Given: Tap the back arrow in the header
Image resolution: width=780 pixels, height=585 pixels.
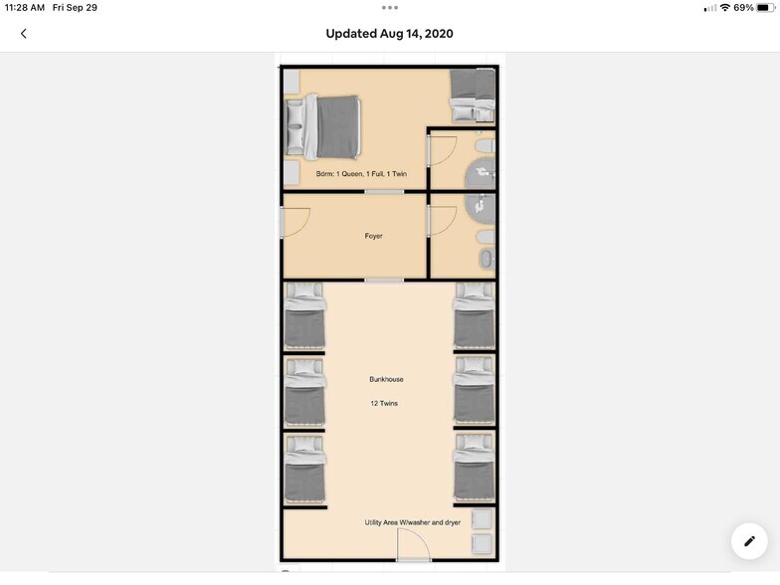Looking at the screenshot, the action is (x=24, y=34).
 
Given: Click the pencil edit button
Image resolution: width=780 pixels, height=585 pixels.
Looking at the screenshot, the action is (x=749, y=541).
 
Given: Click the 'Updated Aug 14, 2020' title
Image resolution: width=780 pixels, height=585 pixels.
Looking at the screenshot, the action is (x=390, y=34).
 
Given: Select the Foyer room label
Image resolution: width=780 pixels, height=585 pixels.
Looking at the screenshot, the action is (x=374, y=236).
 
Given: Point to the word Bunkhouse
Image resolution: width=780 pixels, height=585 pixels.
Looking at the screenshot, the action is (x=386, y=379).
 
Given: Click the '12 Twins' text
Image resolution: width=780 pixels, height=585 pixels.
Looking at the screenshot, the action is (x=384, y=404).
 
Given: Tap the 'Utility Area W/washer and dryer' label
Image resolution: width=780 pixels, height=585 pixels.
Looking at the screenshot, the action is (x=413, y=522).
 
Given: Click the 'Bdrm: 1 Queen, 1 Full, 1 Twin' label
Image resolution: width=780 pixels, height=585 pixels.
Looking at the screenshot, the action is (x=362, y=173).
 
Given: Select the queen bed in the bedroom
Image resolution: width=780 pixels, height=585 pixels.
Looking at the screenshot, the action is (x=323, y=126).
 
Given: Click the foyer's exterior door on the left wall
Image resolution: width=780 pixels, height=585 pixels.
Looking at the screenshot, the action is (x=295, y=222).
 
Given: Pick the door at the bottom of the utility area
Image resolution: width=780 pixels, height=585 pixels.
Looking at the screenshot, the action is (x=414, y=545).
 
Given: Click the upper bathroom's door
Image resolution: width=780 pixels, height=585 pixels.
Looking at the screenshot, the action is (x=442, y=151).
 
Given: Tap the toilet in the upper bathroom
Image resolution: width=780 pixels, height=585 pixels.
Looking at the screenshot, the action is (x=486, y=145).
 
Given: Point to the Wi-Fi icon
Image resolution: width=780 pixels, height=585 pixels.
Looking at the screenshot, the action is (x=725, y=8).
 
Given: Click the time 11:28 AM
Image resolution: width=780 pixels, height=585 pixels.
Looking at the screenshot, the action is (x=24, y=8).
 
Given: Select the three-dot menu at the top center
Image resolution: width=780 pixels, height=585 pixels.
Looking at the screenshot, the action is (x=390, y=8).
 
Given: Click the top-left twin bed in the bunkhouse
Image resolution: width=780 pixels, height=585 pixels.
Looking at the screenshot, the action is (x=304, y=316).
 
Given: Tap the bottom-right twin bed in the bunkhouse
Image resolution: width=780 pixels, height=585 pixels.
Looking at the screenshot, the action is (x=475, y=468).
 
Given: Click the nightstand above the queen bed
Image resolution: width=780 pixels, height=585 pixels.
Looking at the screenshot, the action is (x=292, y=82).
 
